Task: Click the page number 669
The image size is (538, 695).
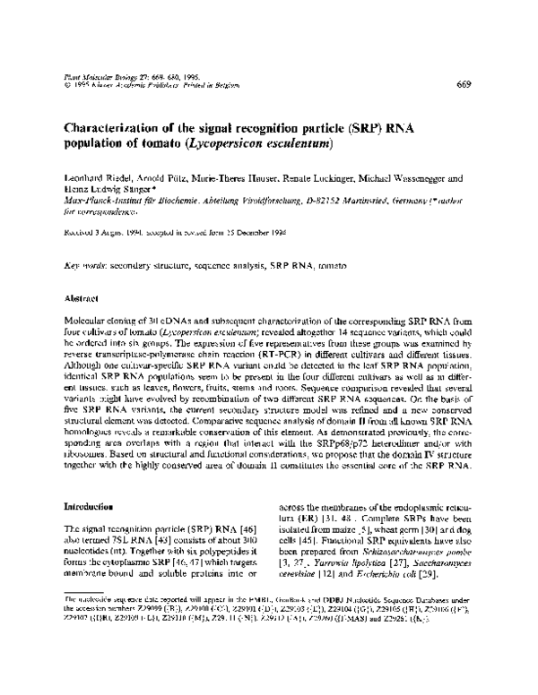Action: pyautogui.click(x=464, y=85)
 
